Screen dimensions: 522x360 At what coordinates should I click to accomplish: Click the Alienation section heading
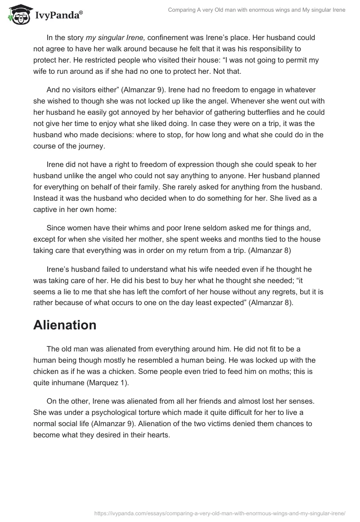tap(65, 325)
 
